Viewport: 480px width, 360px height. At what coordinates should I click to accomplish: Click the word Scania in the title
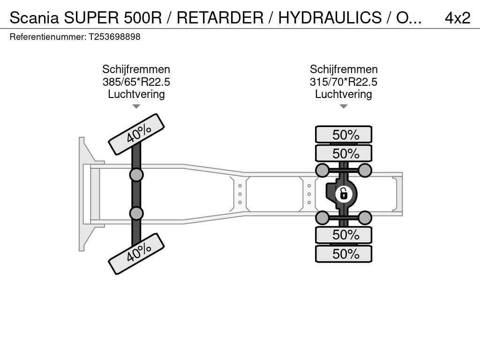[x=34, y=18]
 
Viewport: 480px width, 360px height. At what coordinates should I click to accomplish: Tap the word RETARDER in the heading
[x=220, y=18]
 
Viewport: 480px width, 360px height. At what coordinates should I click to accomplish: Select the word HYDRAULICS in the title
[x=330, y=18]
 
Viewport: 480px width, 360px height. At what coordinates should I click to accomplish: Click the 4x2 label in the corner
[x=457, y=18]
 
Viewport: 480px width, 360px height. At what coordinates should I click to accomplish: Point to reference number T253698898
[x=114, y=37]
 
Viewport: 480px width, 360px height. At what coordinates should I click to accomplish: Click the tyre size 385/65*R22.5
[x=136, y=82]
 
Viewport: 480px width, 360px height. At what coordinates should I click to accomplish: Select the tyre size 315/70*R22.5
[x=344, y=82]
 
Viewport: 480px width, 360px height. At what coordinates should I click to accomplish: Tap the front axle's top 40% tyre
[x=136, y=134]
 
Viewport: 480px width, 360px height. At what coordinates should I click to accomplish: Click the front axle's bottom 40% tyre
[x=136, y=254]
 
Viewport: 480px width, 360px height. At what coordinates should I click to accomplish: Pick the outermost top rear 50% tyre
[x=344, y=135]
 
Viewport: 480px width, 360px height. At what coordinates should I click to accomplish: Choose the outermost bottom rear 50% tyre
[x=344, y=254]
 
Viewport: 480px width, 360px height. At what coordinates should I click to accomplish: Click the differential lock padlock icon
[x=344, y=194]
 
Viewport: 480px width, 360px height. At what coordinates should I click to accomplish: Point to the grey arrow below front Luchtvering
[x=136, y=106]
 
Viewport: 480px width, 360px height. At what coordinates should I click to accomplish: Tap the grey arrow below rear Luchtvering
[x=344, y=106]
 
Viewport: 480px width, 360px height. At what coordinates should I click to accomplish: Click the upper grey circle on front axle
[x=136, y=175]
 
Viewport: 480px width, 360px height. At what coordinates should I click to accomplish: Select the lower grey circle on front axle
[x=136, y=213]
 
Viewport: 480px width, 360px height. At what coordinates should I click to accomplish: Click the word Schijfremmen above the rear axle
[x=344, y=69]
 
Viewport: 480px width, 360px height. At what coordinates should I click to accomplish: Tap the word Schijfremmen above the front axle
[x=136, y=69]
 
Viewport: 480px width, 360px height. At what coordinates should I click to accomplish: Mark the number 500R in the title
[x=142, y=18]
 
